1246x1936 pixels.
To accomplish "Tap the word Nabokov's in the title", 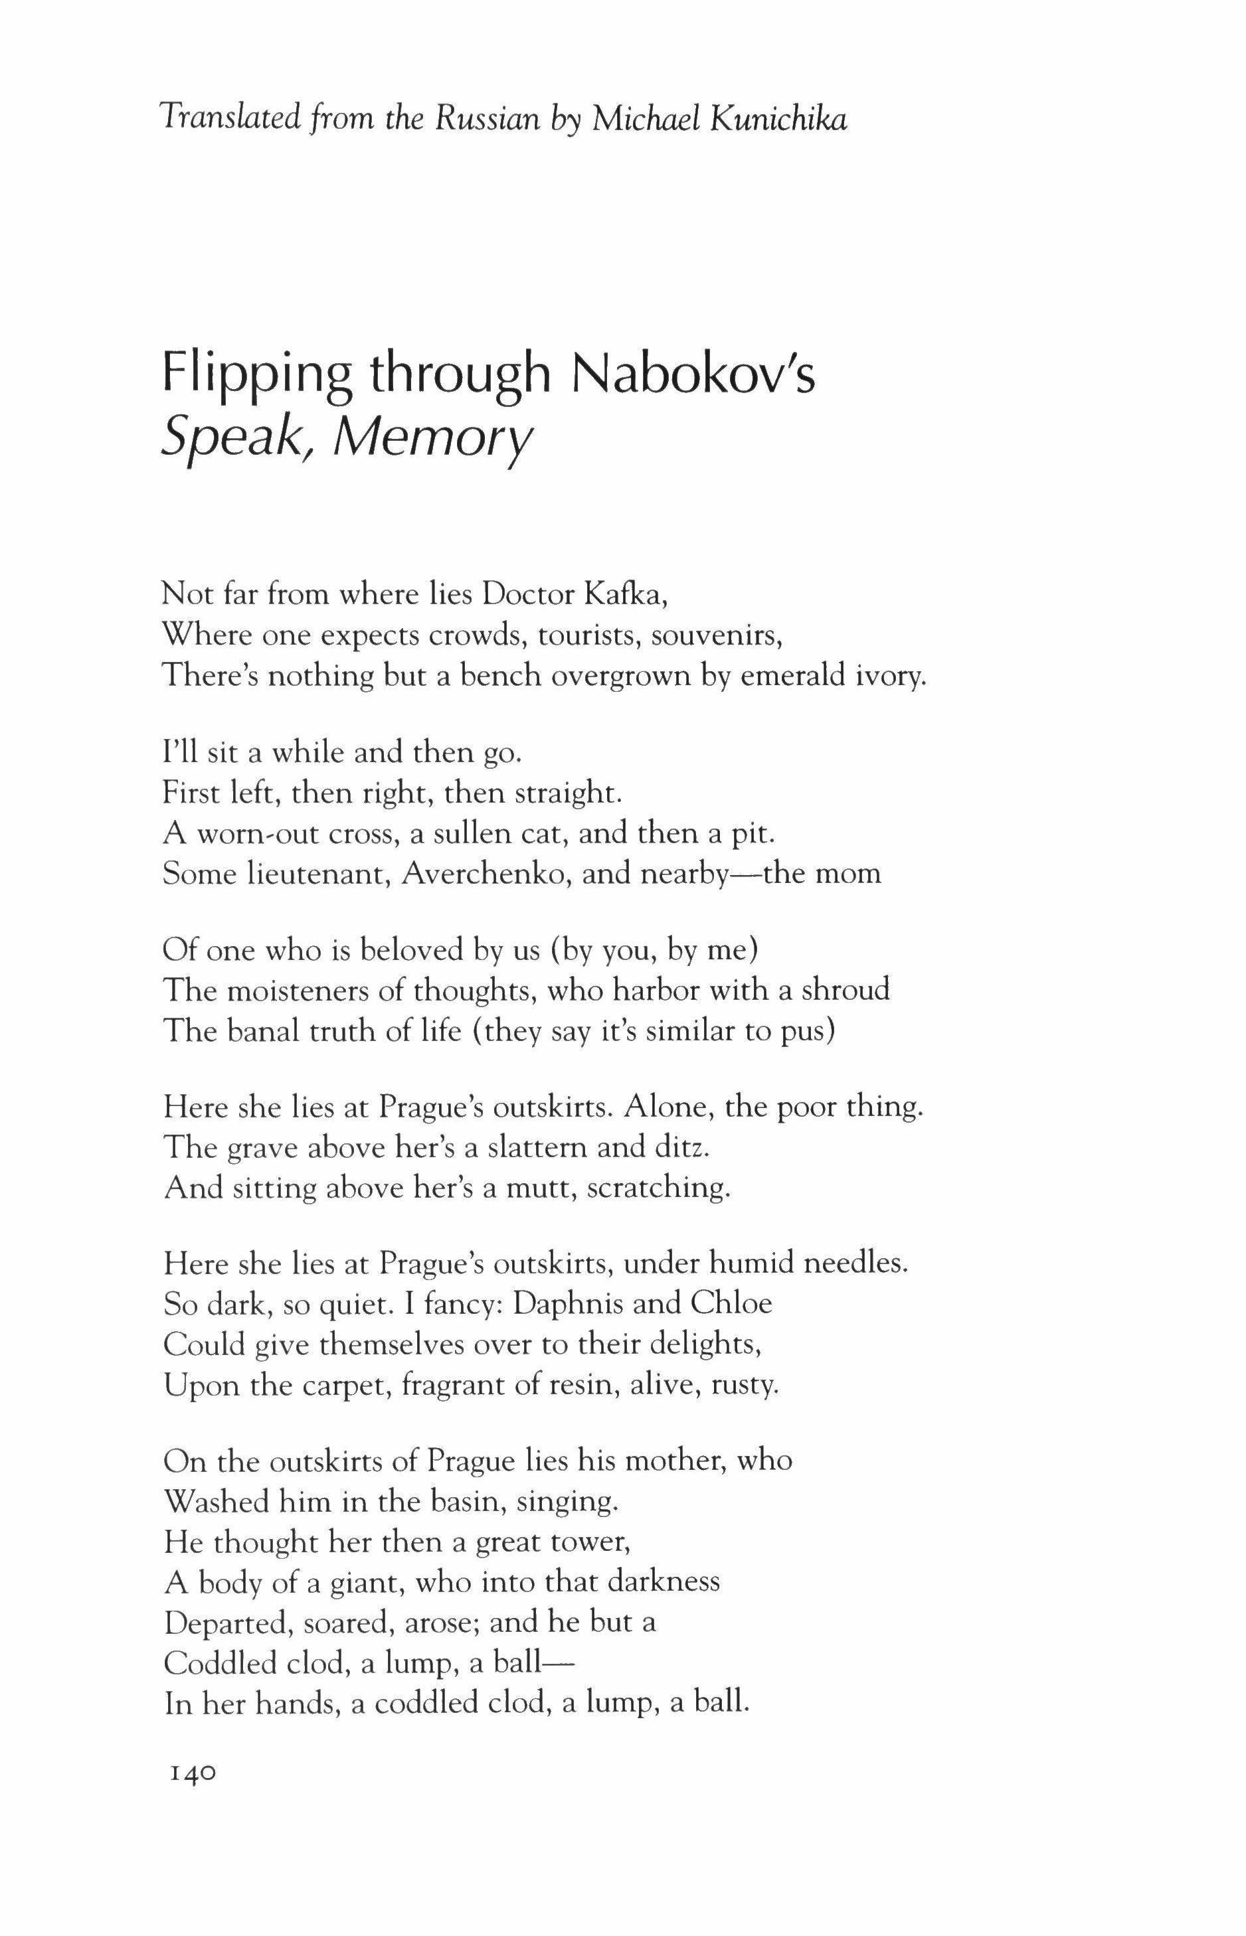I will (693, 375).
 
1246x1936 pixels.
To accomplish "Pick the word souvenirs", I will (717, 635).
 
